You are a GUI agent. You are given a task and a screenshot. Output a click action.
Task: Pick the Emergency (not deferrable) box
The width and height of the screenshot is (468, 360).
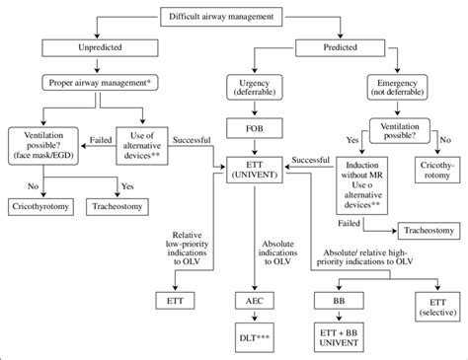click(417, 88)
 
